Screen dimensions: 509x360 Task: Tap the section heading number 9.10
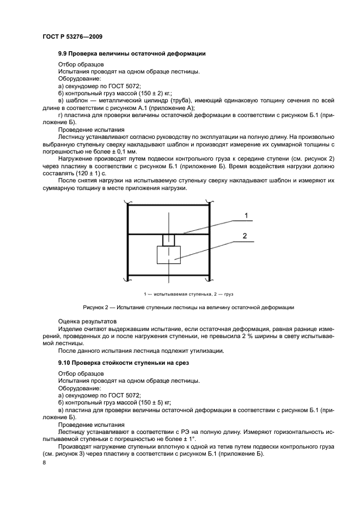coord(65,362)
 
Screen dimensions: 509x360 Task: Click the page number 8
coord(45,463)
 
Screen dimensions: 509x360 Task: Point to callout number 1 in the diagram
coord(246,216)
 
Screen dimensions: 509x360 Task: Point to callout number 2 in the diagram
coord(245,236)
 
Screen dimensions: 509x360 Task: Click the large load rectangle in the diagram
coord(169,255)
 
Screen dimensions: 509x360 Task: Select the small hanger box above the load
coord(169,240)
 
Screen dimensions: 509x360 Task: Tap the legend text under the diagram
coord(188,294)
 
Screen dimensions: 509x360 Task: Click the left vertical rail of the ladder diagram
coord(127,240)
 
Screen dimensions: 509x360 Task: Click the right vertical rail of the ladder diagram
coord(210,240)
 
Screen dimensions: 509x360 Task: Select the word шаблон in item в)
coord(78,101)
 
